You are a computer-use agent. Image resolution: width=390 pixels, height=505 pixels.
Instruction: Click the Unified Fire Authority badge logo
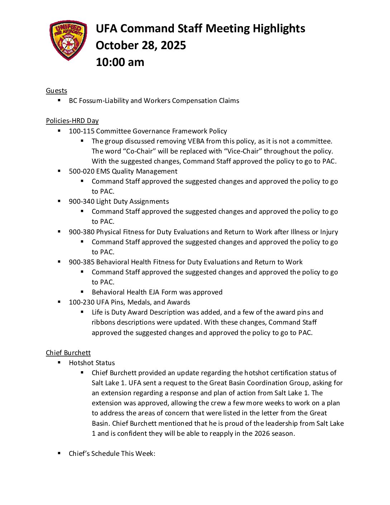(x=68, y=40)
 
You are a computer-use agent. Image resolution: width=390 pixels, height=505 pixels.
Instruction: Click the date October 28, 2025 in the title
(x=141, y=46)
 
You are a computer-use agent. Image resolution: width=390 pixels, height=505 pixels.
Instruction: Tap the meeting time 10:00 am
(x=120, y=62)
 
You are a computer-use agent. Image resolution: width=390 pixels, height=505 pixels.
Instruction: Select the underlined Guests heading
(x=56, y=91)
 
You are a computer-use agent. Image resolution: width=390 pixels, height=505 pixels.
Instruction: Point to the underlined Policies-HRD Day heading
(x=72, y=121)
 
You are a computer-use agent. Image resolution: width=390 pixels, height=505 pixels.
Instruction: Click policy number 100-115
(x=81, y=131)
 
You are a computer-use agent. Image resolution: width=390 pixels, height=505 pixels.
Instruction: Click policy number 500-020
(x=81, y=171)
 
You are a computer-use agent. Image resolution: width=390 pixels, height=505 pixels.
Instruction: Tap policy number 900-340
(x=81, y=202)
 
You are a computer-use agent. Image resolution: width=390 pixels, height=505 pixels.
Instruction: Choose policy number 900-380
(x=81, y=232)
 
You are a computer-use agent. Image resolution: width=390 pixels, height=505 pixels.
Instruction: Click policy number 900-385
(x=81, y=262)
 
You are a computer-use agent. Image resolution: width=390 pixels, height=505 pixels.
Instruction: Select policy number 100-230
(x=81, y=302)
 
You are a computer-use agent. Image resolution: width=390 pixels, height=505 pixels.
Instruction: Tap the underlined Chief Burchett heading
(x=68, y=353)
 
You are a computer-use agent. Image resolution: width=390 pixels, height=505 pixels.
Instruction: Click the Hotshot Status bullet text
(x=92, y=363)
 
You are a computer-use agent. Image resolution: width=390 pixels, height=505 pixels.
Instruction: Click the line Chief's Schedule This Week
(x=112, y=454)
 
